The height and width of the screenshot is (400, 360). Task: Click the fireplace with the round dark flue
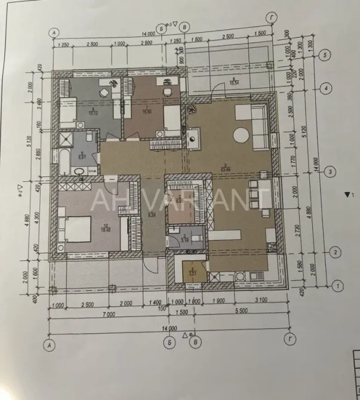(x=195, y=139)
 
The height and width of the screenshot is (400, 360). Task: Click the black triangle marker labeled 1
(x=347, y=194)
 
